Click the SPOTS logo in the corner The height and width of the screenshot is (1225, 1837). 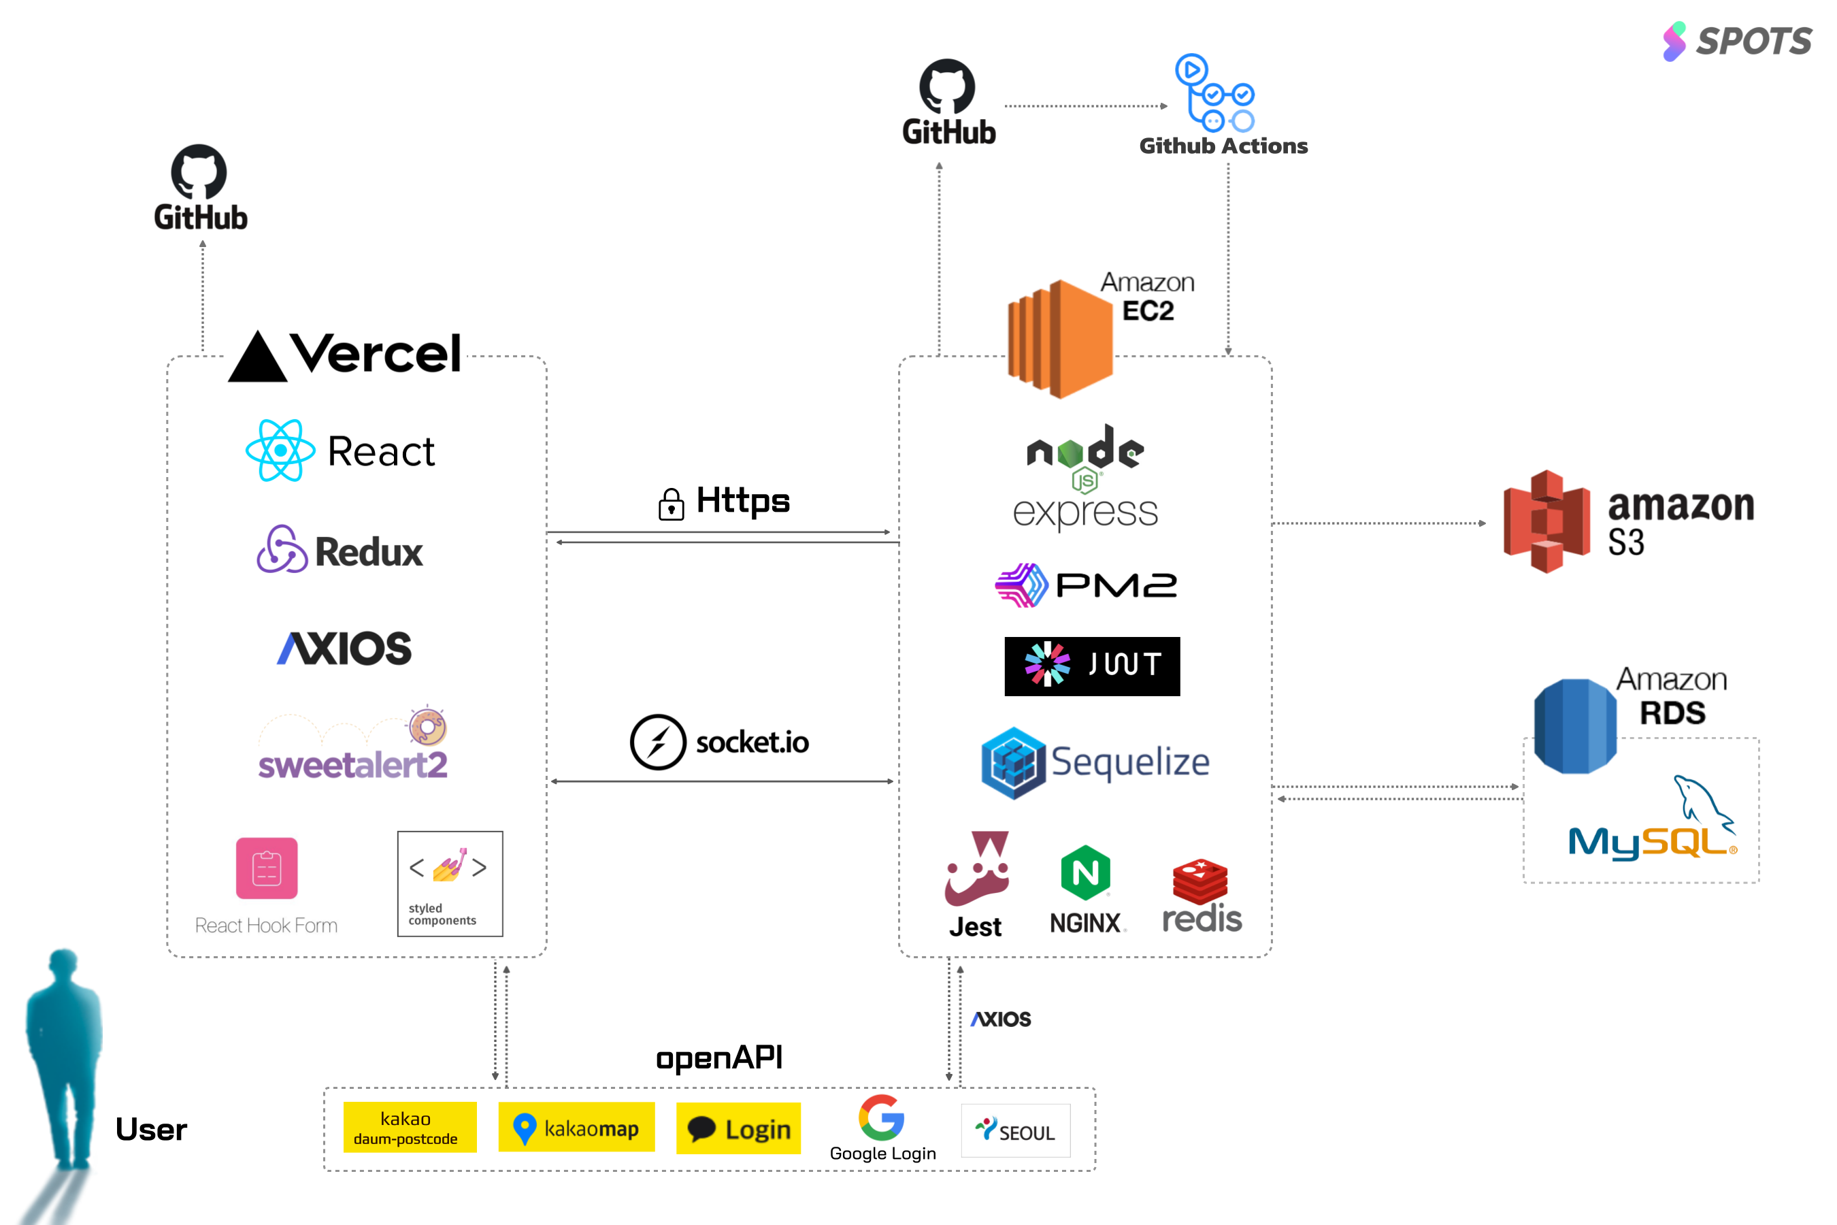[x=1736, y=41]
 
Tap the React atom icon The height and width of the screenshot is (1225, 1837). [x=280, y=450]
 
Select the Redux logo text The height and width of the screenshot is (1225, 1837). [x=369, y=553]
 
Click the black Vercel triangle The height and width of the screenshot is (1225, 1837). [x=257, y=358]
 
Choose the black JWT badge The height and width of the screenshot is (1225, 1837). [x=1091, y=666]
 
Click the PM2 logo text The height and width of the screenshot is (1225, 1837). [x=1116, y=585]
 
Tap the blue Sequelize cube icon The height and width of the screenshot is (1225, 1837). [x=1013, y=762]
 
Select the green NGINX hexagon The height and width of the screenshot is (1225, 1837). [x=1085, y=872]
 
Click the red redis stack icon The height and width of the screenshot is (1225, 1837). [x=1199, y=881]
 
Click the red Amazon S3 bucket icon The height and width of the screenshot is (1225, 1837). [x=1546, y=521]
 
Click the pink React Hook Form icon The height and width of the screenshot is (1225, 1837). [x=266, y=868]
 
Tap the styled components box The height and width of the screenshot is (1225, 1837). [x=450, y=883]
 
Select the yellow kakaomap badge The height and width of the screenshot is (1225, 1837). [x=576, y=1128]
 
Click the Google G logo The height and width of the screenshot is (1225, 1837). [x=881, y=1117]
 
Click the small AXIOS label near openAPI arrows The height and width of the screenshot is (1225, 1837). [x=1001, y=1019]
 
